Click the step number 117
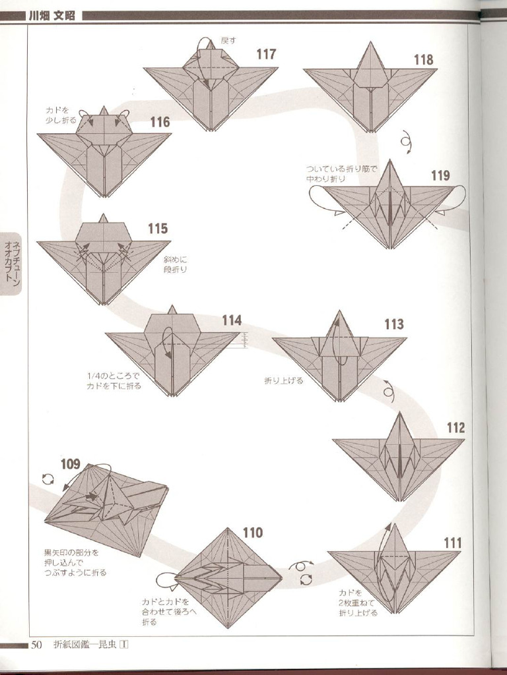[x=266, y=55]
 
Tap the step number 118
[x=423, y=60]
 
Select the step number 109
[x=71, y=464]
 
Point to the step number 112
[x=456, y=428]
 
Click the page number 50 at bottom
[x=36, y=645]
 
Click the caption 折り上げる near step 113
[x=283, y=380]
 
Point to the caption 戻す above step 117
[x=228, y=41]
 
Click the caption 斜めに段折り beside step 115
[x=176, y=264]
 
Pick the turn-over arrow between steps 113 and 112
[x=389, y=392]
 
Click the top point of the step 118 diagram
[x=370, y=44]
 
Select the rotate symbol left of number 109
[x=48, y=479]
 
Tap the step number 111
[x=452, y=543]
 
